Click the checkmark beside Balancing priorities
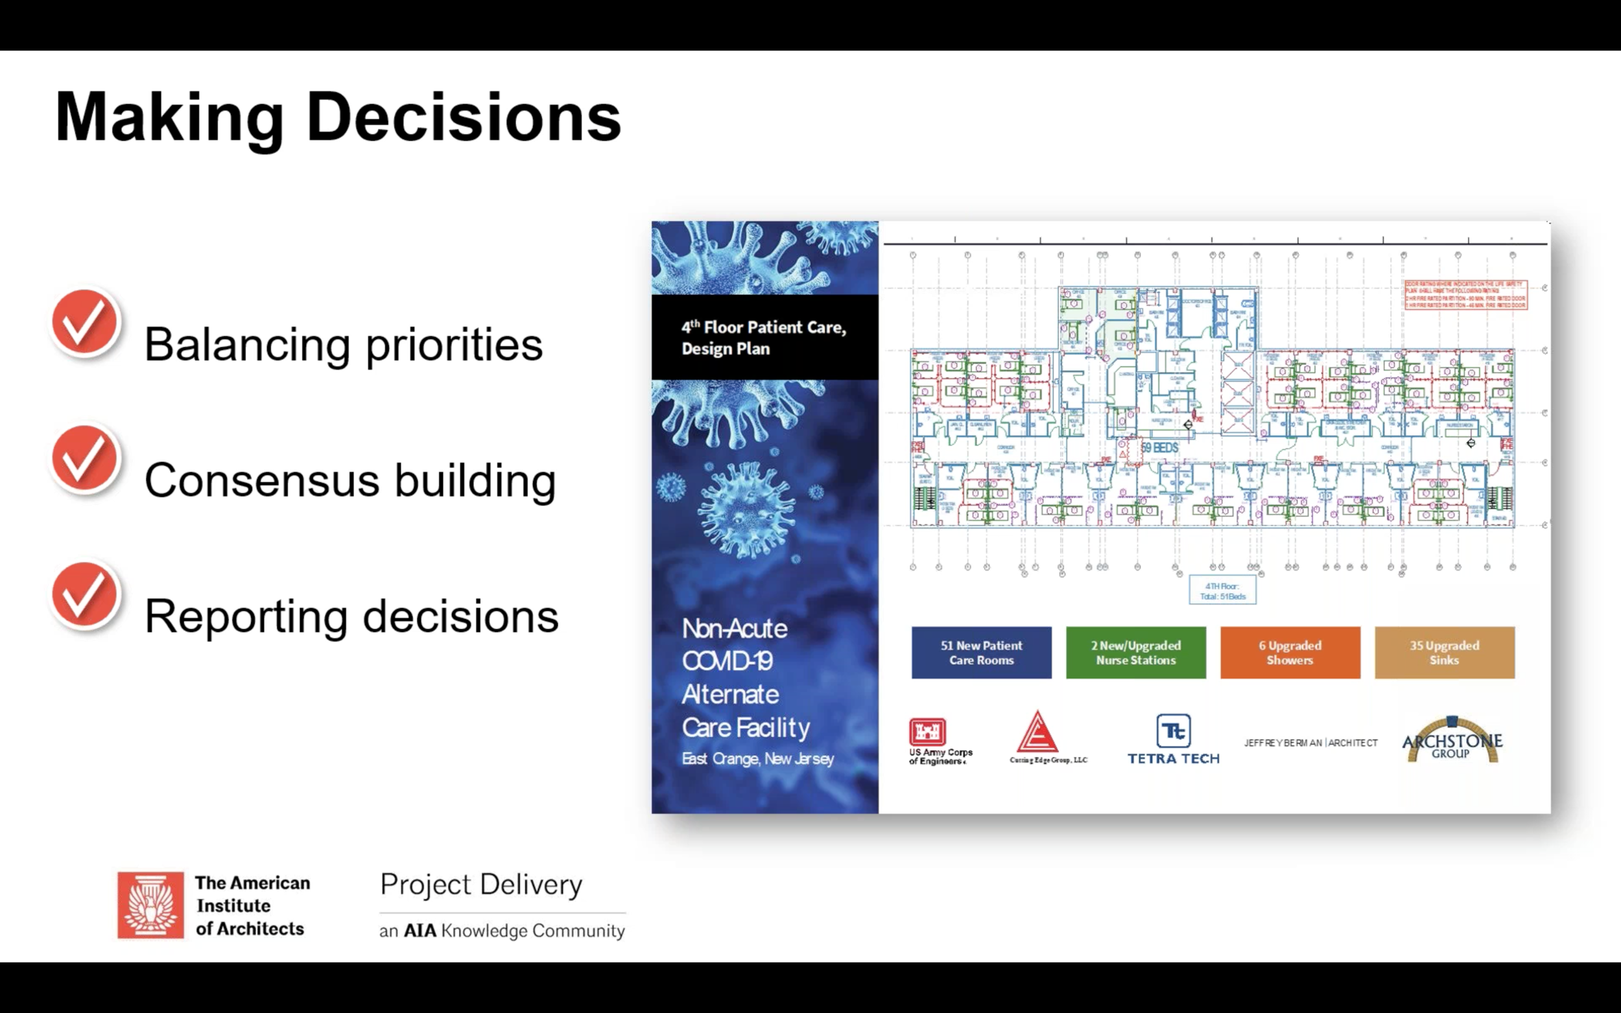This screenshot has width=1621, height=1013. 85,323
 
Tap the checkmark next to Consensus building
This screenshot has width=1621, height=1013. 85,460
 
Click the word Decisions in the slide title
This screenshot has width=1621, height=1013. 463,117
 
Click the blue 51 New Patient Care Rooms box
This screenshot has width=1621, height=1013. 981,653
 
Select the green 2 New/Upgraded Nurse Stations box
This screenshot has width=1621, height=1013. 1136,653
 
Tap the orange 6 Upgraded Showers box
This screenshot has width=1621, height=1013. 1290,653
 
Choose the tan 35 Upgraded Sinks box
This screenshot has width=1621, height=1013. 1444,653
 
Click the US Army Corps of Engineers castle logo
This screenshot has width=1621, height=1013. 927,732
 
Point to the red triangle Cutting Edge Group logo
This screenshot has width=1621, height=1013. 1037,733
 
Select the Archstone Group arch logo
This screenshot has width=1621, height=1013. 1452,740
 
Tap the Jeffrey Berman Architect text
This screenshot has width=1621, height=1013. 1310,743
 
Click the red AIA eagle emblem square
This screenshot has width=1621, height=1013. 151,905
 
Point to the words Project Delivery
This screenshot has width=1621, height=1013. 480,885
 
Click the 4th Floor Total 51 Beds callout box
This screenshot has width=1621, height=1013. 1222,591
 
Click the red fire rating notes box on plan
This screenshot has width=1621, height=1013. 1465,295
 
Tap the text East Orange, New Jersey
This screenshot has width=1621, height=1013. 757,759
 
